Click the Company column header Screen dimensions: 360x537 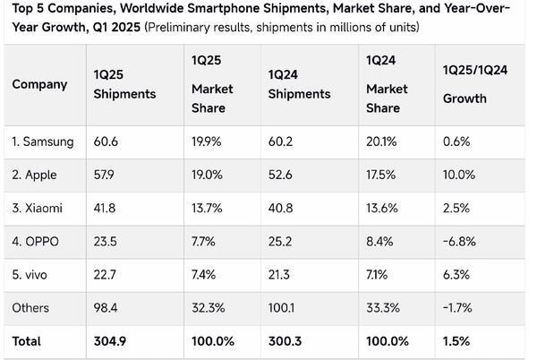coord(39,84)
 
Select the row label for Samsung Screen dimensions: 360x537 coord(43,141)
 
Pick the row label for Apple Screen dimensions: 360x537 coord(37,175)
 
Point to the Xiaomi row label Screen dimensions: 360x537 coord(38,209)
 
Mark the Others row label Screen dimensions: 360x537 coord(30,308)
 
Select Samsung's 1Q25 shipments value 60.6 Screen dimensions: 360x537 coord(106,141)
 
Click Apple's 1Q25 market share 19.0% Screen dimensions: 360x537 coord(209,175)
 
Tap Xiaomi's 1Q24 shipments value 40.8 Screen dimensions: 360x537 coord(282,209)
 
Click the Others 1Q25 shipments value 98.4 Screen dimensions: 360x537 coord(106,308)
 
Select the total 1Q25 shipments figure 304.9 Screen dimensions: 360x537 coord(111,341)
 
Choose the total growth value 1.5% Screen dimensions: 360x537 coord(456,341)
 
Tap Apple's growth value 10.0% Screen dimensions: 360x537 coord(459,175)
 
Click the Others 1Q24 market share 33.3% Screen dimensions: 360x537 coord(384,308)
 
